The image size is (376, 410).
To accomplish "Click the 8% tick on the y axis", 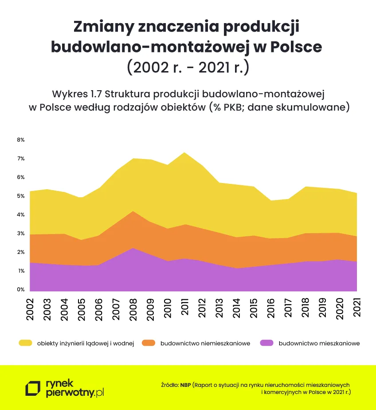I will coord(21,140).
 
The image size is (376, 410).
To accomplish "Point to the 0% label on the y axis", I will coord(21,290).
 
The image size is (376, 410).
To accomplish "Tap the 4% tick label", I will coord(21,215).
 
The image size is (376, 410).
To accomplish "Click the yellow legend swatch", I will coord(25,343).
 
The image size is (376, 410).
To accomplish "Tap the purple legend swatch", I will coord(266,343).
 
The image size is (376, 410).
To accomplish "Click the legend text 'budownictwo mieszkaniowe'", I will coord(319,343).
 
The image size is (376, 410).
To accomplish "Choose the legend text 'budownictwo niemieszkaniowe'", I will coord(205,343).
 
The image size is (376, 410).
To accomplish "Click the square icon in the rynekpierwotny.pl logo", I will coord(33,388).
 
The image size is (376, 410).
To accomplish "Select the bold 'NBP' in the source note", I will coord(186,385).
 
